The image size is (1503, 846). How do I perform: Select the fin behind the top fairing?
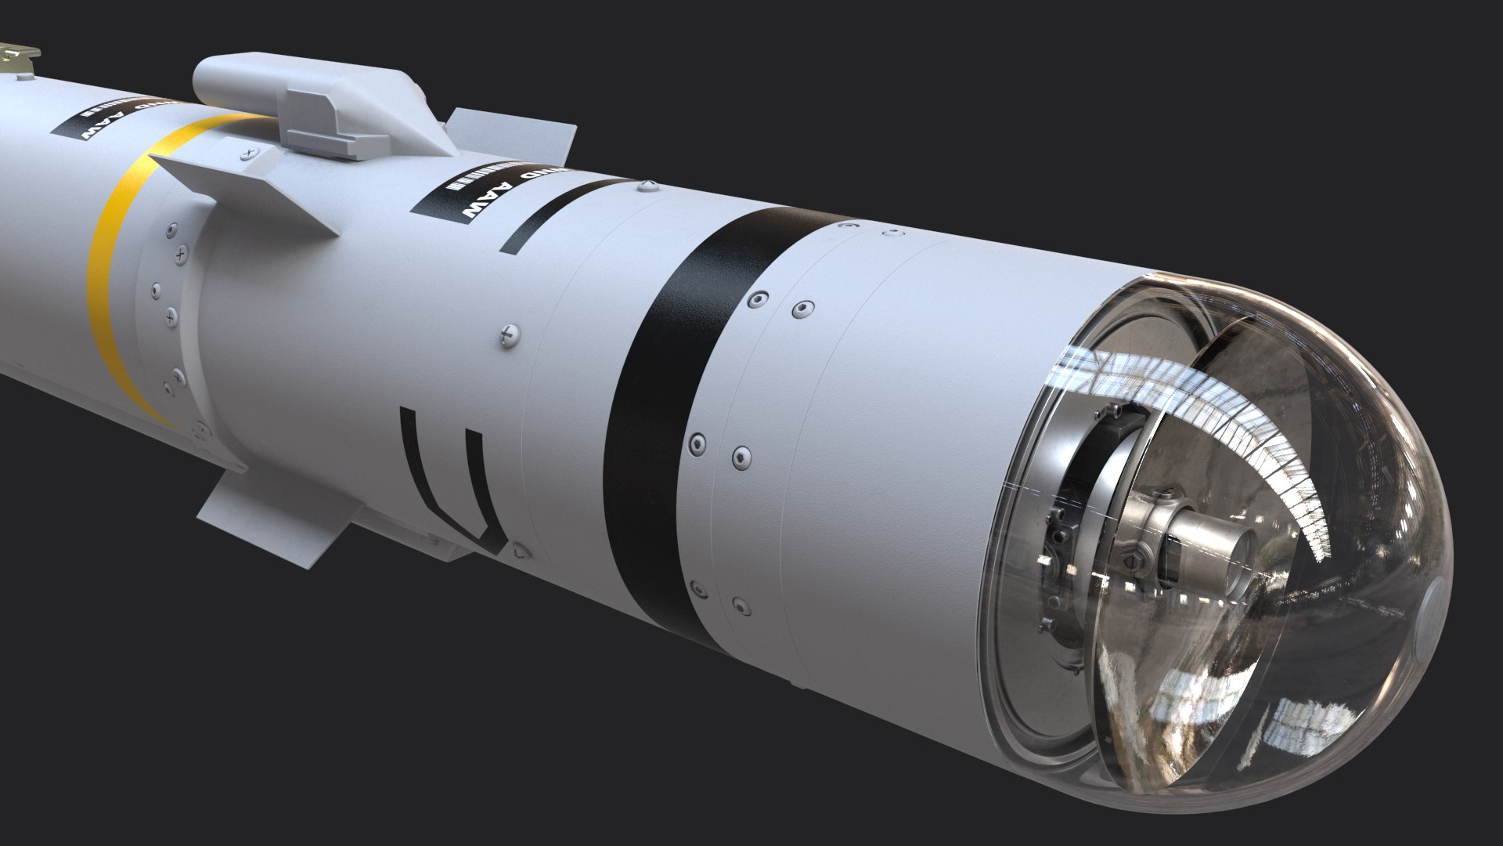509,133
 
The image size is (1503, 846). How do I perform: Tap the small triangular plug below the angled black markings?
521,552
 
